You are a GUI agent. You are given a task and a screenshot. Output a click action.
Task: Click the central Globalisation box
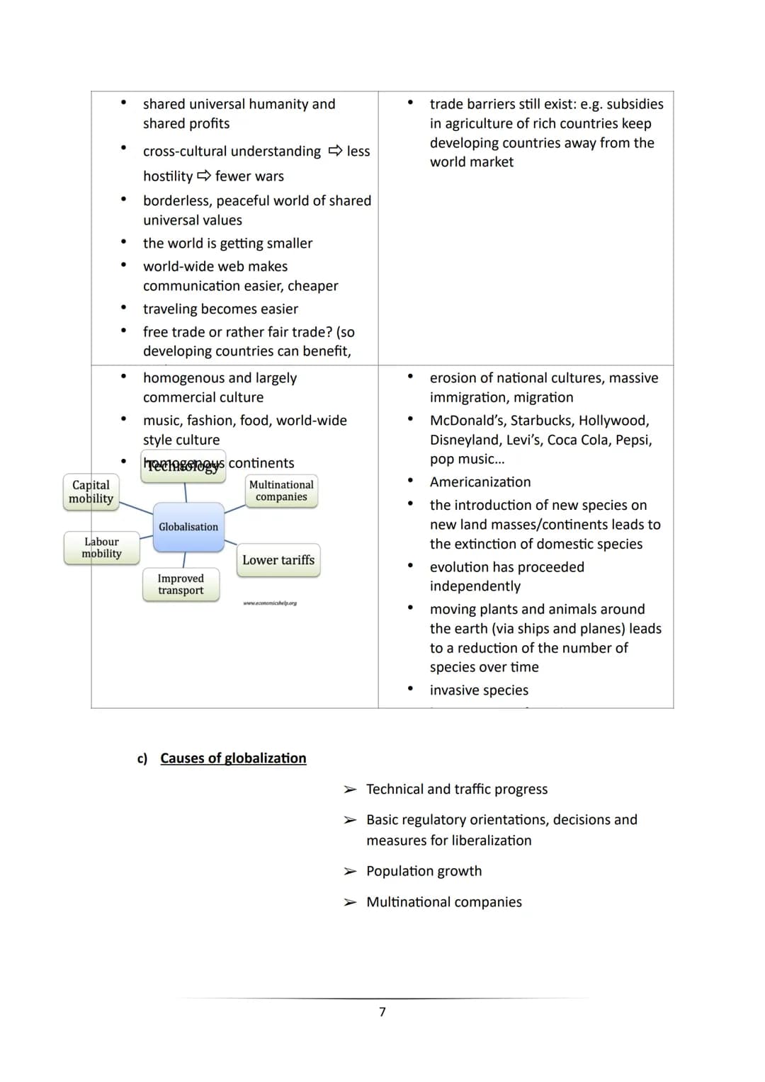(188, 527)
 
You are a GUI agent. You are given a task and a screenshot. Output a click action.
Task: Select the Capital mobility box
(91, 491)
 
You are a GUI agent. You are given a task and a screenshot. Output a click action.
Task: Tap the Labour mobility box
(101, 547)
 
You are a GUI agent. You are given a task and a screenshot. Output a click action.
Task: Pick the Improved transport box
(181, 584)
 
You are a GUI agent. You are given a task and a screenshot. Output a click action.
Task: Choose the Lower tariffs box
(278, 560)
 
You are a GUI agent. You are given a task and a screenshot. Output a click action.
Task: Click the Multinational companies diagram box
(281, 491)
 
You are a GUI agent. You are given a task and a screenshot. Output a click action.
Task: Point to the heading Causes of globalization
(233, 758)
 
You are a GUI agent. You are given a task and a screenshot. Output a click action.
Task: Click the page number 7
(382, 1012)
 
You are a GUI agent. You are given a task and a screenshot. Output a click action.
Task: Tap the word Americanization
(480, 482)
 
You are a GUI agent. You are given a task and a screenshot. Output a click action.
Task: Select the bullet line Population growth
(424, 871)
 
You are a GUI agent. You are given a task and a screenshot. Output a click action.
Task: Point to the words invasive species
(479, 690)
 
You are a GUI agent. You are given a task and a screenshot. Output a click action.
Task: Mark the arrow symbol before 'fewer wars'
(204, 176)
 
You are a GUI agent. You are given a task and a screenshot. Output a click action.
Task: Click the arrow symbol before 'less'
(336, 151)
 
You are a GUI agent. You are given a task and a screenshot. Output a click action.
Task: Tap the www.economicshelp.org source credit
(270, 603)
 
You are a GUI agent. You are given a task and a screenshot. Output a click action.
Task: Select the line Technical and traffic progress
(457, 789)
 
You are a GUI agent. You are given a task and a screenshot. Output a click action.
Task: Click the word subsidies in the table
(635, 104)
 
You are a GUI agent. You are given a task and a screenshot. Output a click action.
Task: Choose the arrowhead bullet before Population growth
(350, 872)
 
